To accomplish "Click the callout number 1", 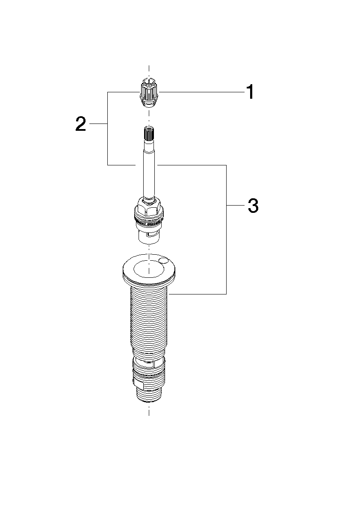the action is coord(250,92).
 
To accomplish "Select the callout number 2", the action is coord(81,124).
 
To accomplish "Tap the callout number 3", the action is coord(253,206).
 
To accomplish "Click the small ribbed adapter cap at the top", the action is coord(149,91).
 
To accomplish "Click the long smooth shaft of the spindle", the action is coord(149,169).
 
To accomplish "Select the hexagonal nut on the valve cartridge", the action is coord(149,207).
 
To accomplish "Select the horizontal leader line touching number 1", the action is coord(202,92).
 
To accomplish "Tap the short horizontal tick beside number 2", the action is coord(98,124).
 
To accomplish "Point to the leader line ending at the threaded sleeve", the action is coord(198,294).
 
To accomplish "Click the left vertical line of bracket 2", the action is coord(108,129).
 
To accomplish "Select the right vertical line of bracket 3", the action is coord(226,229).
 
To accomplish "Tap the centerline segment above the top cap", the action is coord(149,71).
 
